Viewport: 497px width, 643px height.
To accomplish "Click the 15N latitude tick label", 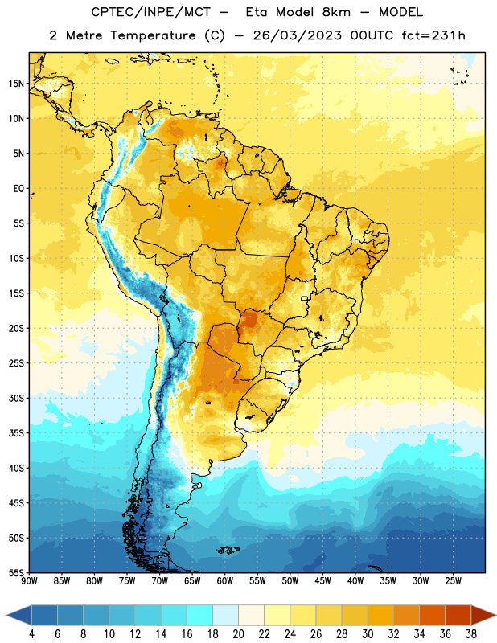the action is point(16,84).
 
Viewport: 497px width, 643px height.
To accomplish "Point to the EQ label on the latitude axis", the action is point(18,189).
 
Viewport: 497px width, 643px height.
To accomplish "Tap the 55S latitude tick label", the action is point(16,572).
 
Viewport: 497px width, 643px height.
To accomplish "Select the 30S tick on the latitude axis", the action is point(16,398).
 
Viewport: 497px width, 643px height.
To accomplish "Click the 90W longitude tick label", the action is point(29,580).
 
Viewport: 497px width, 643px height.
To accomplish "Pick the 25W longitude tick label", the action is point(453,580).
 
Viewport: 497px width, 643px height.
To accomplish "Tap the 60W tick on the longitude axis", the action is point(225,580).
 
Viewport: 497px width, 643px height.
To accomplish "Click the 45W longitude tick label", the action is point(322,580).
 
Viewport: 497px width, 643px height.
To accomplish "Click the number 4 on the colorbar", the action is point(31,634).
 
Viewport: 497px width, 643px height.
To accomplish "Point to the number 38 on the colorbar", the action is point(470,634).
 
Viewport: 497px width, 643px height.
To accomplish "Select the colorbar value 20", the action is point(238,634).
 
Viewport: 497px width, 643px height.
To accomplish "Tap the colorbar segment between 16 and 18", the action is point(200,616).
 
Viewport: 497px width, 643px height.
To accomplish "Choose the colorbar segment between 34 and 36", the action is point(432,616).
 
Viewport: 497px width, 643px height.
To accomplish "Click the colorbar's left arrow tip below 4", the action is point(6,616).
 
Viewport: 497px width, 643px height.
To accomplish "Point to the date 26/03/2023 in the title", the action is point(297,35).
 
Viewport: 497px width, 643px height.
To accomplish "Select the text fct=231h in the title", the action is point(433,35).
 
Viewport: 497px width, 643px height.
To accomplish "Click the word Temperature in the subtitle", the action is point(153,35).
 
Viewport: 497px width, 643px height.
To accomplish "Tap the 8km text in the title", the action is point(336,12).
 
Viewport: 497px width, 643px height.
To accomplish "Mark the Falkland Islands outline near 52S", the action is point(228,550).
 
